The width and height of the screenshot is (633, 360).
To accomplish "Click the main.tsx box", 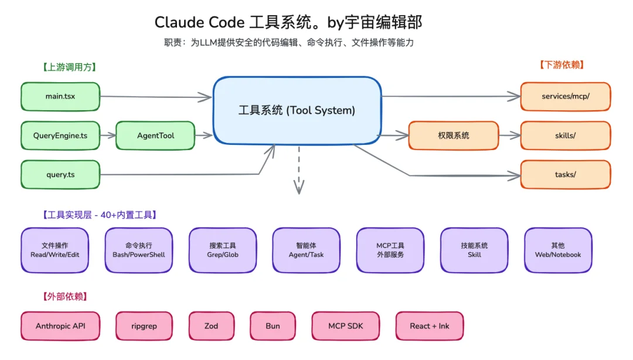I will click(x=60, y=97).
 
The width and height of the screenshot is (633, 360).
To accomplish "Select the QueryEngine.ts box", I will click(x=60, y=135).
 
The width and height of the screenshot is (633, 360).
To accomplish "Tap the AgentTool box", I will click(x=155, y=135).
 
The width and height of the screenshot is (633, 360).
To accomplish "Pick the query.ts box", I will click(x=60, y=175).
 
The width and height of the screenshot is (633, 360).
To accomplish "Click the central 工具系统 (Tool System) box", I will click(x=297, y=110).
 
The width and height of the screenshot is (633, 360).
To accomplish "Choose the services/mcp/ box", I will click(x=565, y=97).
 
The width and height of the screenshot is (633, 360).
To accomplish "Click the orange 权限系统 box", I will click(x=453, y=135).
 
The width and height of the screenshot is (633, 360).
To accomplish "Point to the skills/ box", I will click(x=565, y=135).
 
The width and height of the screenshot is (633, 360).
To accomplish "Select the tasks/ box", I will click(x=565, y=175).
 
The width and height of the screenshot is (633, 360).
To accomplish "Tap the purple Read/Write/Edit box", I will click(x=55, y=250).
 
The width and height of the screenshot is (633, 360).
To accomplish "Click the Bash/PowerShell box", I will click(x=139, y=250).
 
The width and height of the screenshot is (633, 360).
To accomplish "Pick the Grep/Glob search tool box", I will click(x=223, y=250).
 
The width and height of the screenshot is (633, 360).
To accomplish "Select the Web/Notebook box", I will click(x=558, y=250).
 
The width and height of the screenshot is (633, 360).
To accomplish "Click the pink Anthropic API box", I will click(x=60, y=326).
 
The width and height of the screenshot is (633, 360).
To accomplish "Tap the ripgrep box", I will click(x=144, y=326).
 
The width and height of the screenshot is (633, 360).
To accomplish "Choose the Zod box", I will click(x=212, y=326).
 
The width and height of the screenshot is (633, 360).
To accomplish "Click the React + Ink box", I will click(x=430, y=326).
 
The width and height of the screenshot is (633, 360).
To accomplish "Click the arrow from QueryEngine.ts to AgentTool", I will click(x=108, y=135).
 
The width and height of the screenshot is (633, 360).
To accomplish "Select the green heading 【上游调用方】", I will click(x=69, y=67).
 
